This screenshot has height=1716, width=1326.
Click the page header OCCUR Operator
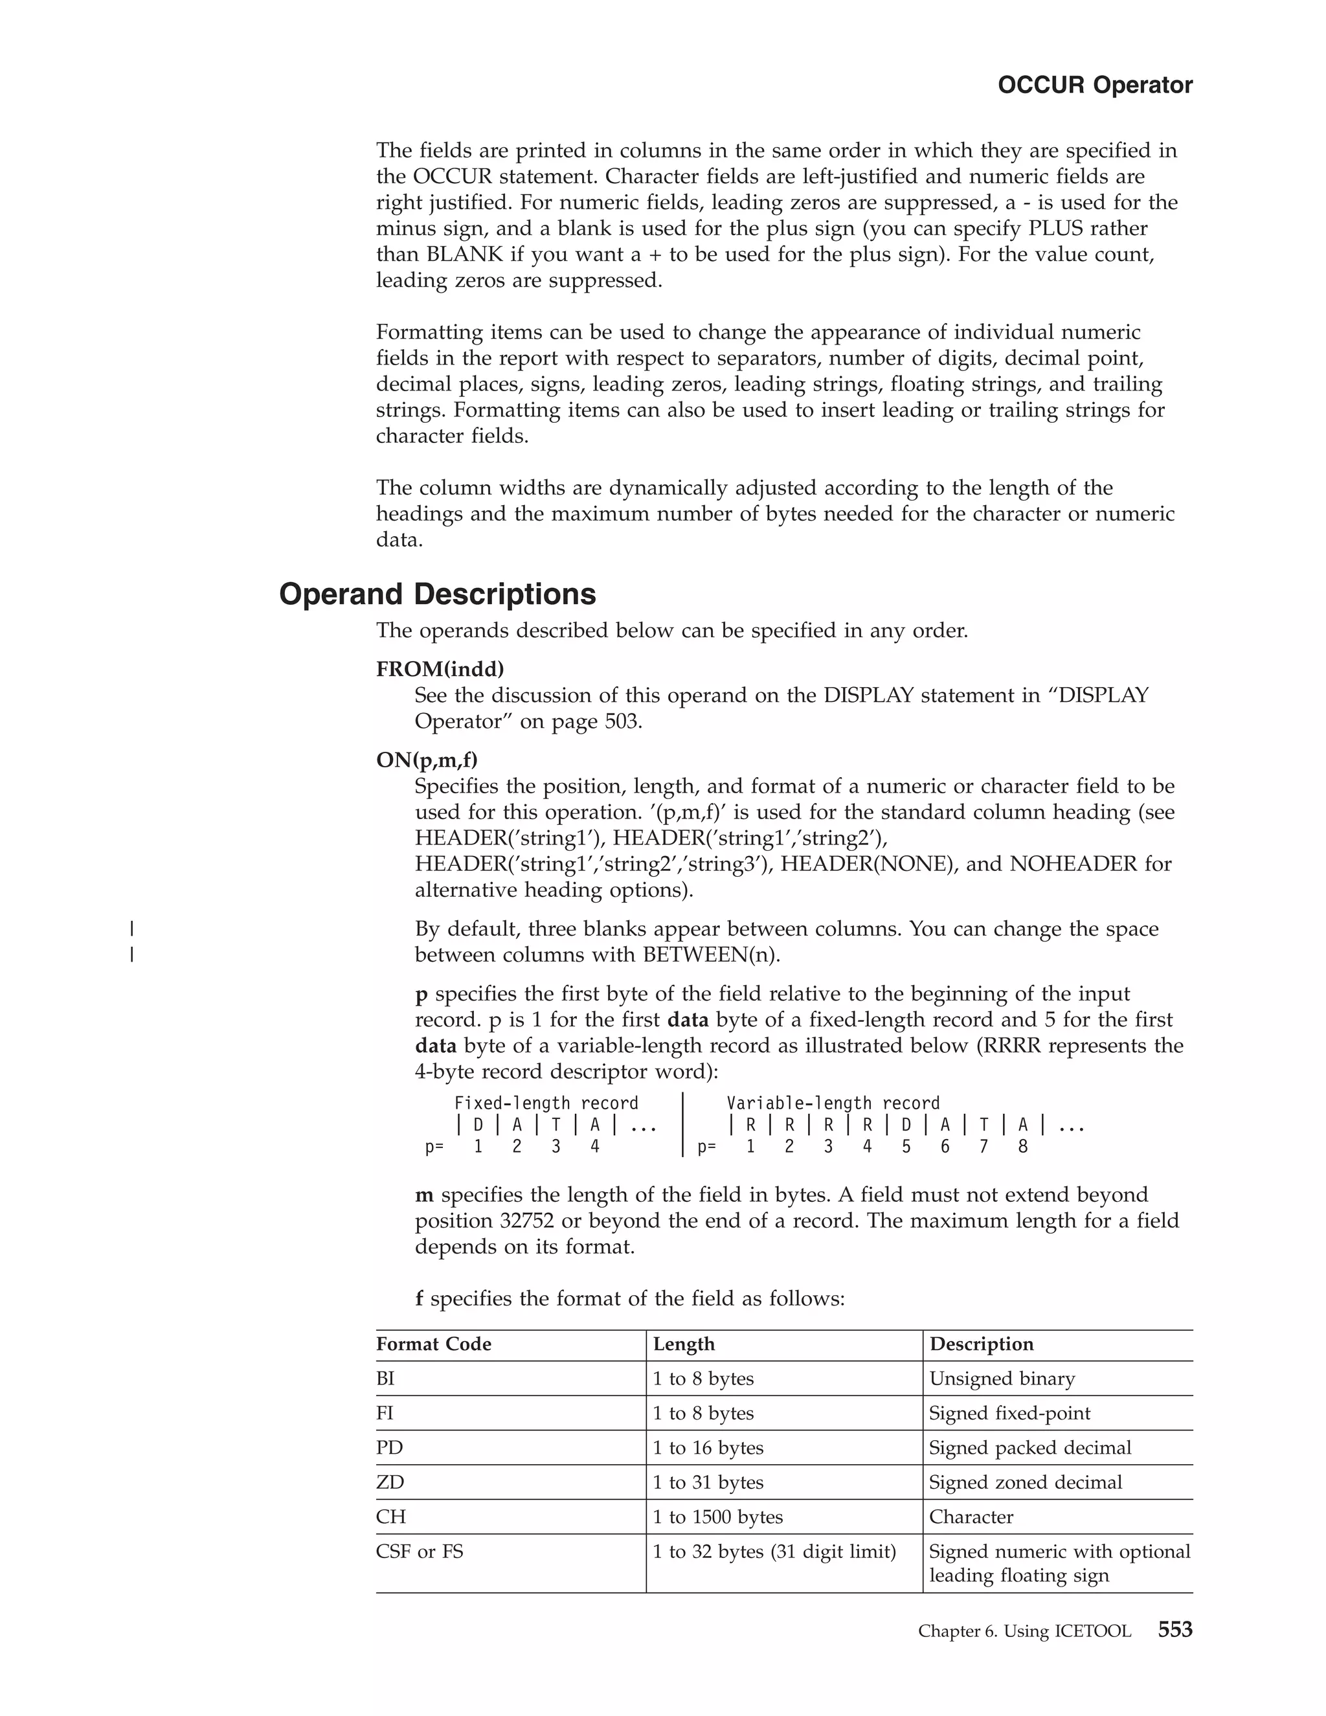[1094, 85]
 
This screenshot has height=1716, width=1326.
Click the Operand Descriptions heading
[438, 594]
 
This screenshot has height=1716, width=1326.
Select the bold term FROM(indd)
[440, 670]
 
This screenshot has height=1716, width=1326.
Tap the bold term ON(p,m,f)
[427, 761]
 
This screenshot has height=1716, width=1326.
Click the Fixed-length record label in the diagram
[546, 1103]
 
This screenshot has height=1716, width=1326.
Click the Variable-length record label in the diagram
[833, 1103]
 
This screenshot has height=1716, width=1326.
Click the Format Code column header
[434, 1344]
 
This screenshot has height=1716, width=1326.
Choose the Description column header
[981, 1344]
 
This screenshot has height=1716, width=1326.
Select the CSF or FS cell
[420, 1551]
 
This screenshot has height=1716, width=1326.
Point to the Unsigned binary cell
[1002, 1378]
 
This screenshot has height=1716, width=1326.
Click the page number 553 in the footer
[1174, 1631]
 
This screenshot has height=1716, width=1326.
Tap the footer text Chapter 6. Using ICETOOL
[1024, 1632]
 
